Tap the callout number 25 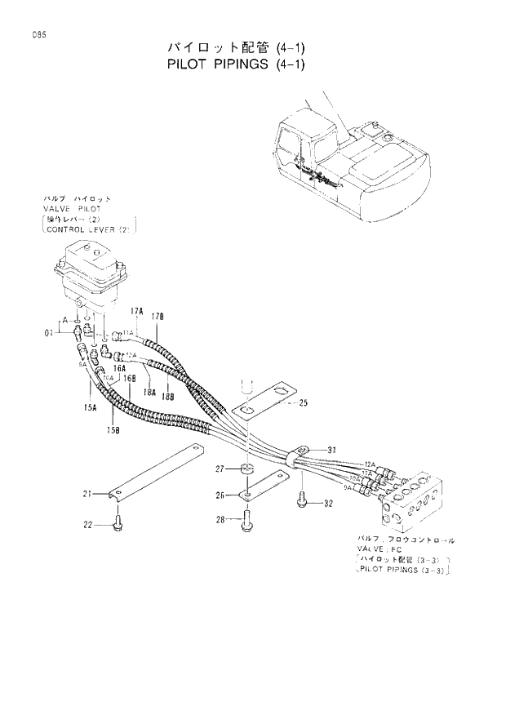coord(303,402)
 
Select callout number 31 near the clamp coord(332,451)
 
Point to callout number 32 coord(328,503)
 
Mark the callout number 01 coord(48,332)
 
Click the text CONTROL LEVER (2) coord(89,229)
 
